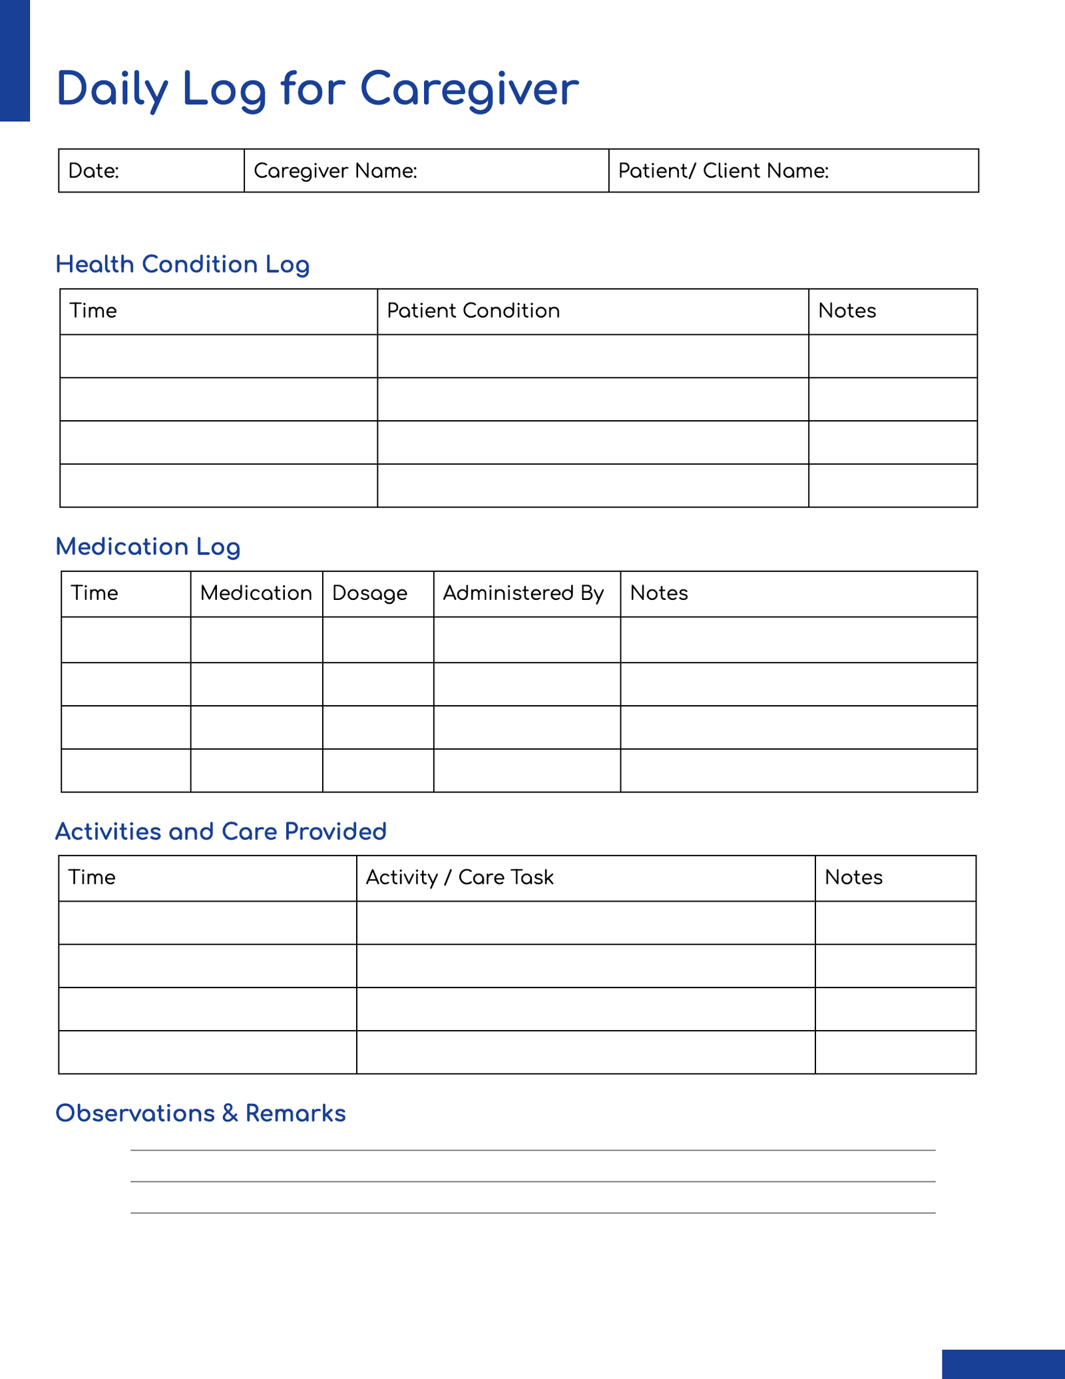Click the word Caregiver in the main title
469,89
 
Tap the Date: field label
94,171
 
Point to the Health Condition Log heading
182,264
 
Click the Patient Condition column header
473,311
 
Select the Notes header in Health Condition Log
847,311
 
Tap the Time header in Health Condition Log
93,311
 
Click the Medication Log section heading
148,547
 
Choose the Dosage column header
369,593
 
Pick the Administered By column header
523,593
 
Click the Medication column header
256,593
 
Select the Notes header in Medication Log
659,593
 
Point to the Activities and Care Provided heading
221,832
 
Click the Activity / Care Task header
459,878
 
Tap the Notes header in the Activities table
853,878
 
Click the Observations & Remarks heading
200,1113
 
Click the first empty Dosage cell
378,640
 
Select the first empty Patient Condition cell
592,356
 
